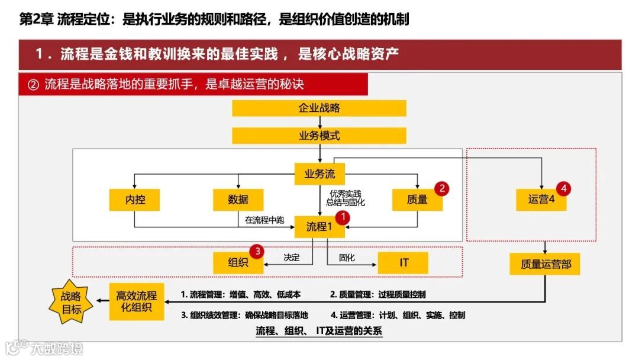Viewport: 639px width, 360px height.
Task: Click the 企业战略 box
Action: (319, 108)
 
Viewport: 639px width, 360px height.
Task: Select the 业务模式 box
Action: (319, 136)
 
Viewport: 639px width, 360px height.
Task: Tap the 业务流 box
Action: (319, 174)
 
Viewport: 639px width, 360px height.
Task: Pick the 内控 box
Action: (135, 200)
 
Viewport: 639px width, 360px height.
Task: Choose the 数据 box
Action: (238, 200)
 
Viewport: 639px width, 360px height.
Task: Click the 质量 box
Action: (417, 200)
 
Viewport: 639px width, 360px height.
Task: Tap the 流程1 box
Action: (319, 226)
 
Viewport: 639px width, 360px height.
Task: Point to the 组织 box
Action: (238, 262)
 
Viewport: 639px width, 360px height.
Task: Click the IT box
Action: (403, 262)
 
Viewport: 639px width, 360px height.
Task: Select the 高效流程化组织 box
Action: (137, 301)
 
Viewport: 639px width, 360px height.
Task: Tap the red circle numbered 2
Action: (441, 188)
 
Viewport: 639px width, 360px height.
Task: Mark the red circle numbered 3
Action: (256, 251)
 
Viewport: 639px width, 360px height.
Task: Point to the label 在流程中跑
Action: (264, 220)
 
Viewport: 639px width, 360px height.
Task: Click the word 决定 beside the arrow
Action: (292, 258)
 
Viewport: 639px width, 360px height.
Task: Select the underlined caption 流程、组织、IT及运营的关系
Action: (319, 331)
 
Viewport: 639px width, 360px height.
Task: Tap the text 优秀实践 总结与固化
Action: (346, 198)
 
